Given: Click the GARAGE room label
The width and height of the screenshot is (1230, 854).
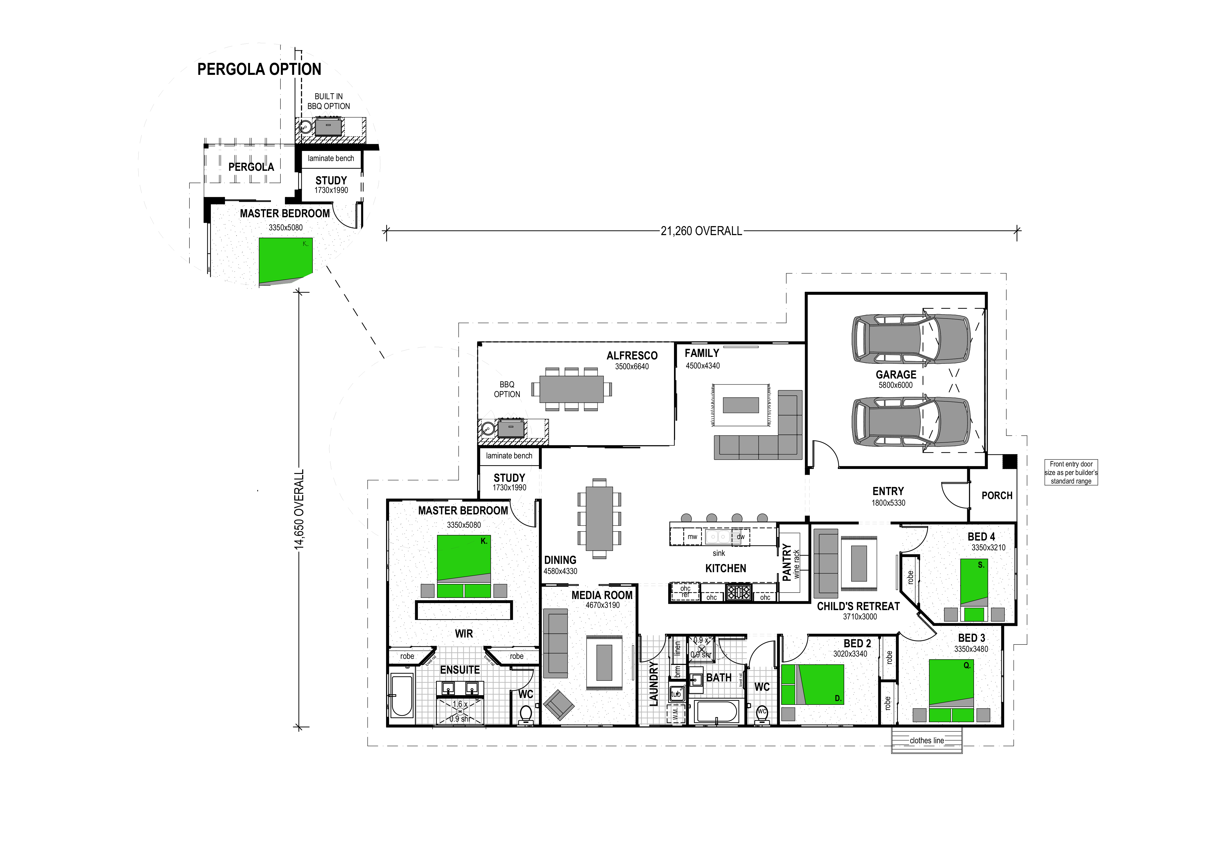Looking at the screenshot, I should pyautogui.click(x=896, y=375).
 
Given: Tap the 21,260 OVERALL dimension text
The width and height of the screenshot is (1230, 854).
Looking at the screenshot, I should pyautogui.click(x=701, y=231).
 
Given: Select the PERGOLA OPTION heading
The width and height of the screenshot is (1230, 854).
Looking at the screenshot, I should pyautogui.click(x=259, y=70).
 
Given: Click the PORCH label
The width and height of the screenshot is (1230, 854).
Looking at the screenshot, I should pyautogui.click(x=997, y=496).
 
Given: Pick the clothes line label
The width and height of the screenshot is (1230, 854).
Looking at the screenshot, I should pyautogui.click(x=927, y=740).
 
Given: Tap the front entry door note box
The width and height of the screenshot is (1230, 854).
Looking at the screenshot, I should pyautogui.click(x=1071, y=472).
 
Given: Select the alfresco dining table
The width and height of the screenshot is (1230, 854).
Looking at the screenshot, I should pyautogui.click(x=571, y=389).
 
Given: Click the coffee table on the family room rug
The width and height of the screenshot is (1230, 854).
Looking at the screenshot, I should pyautogui.click(x=741, y=405).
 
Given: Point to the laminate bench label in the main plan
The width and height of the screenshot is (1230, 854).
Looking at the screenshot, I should pyautogui.click(x=509, y=456).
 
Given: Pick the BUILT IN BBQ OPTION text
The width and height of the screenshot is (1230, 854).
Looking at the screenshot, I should pyautogui.click(x=328, y=101).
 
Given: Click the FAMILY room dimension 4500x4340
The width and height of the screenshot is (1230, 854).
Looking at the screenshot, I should pyautogui.click(x=703, y=366).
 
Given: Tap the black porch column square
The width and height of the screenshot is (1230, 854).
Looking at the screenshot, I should pyautogui.click(x=1009, y=461).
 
